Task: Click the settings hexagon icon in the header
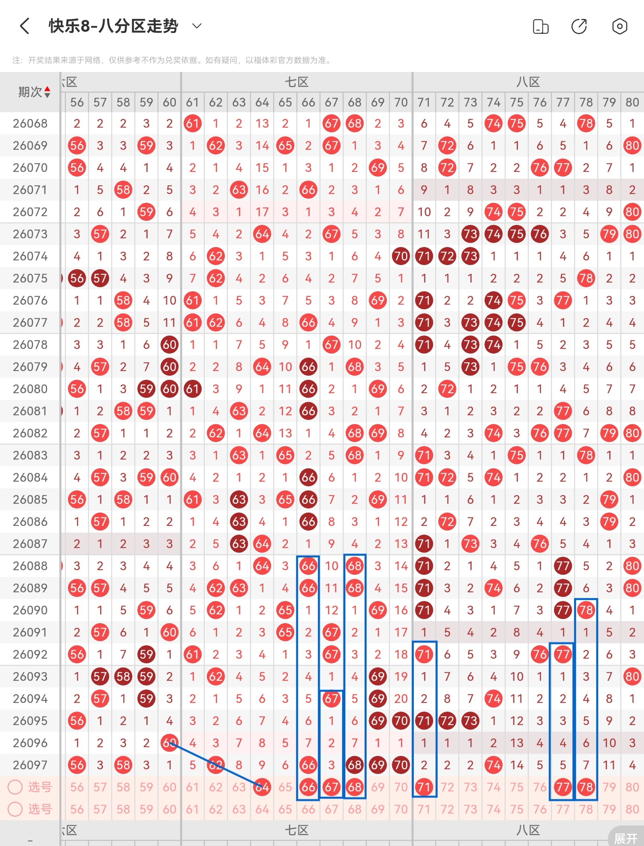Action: pos(619,27)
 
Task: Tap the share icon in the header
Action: pos(579,27)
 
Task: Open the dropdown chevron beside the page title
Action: pos(197,26)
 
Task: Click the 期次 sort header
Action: pos(34,92)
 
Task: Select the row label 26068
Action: pos(30,124)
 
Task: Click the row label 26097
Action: pos(30,765)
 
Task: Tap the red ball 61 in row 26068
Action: pos(192,124)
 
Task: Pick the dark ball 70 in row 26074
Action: pos(401,256)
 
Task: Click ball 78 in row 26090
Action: pos(586,610)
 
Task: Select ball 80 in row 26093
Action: pos(632,677)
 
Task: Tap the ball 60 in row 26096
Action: pos(169,743)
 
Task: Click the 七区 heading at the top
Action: pos(297,82)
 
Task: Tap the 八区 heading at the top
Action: pos(528,82)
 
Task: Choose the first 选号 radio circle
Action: pos(15,787)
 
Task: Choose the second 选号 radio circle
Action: pos(15,809)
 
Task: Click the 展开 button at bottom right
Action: pos(626,838)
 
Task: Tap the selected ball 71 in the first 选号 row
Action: pos(424,787)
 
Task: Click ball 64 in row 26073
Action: pos(262,234)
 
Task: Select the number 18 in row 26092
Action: pos(401,655)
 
